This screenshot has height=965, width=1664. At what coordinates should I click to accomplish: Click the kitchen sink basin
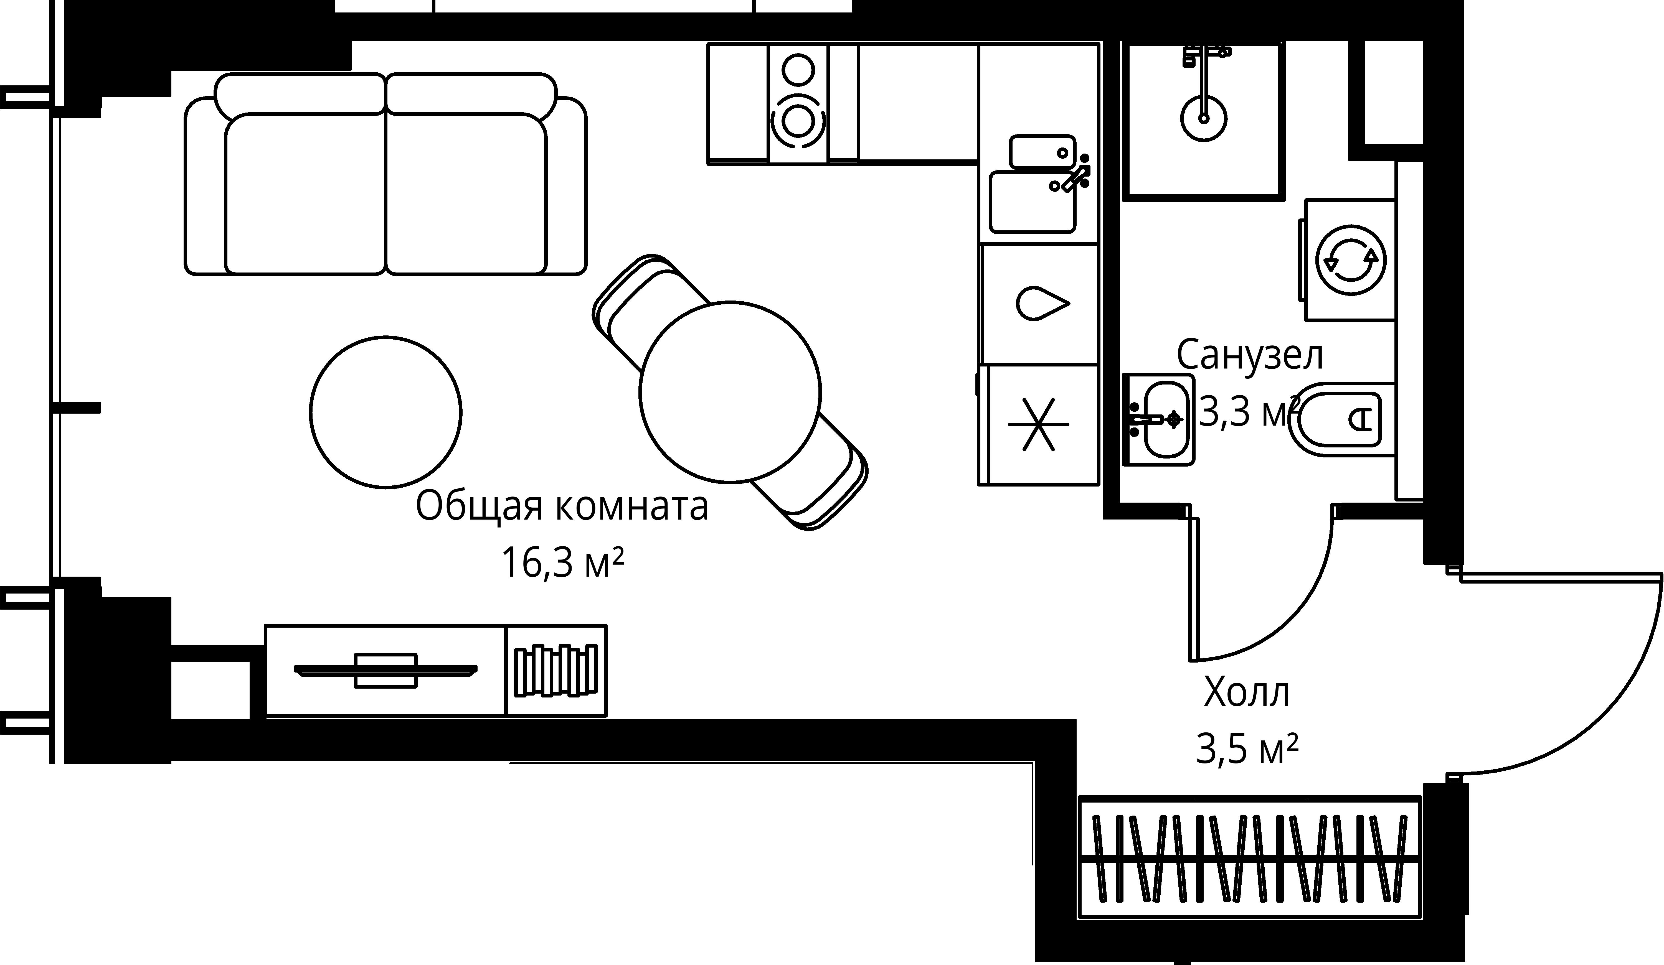(1033, 201)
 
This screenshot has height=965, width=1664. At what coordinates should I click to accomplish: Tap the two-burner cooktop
(798, 104)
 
